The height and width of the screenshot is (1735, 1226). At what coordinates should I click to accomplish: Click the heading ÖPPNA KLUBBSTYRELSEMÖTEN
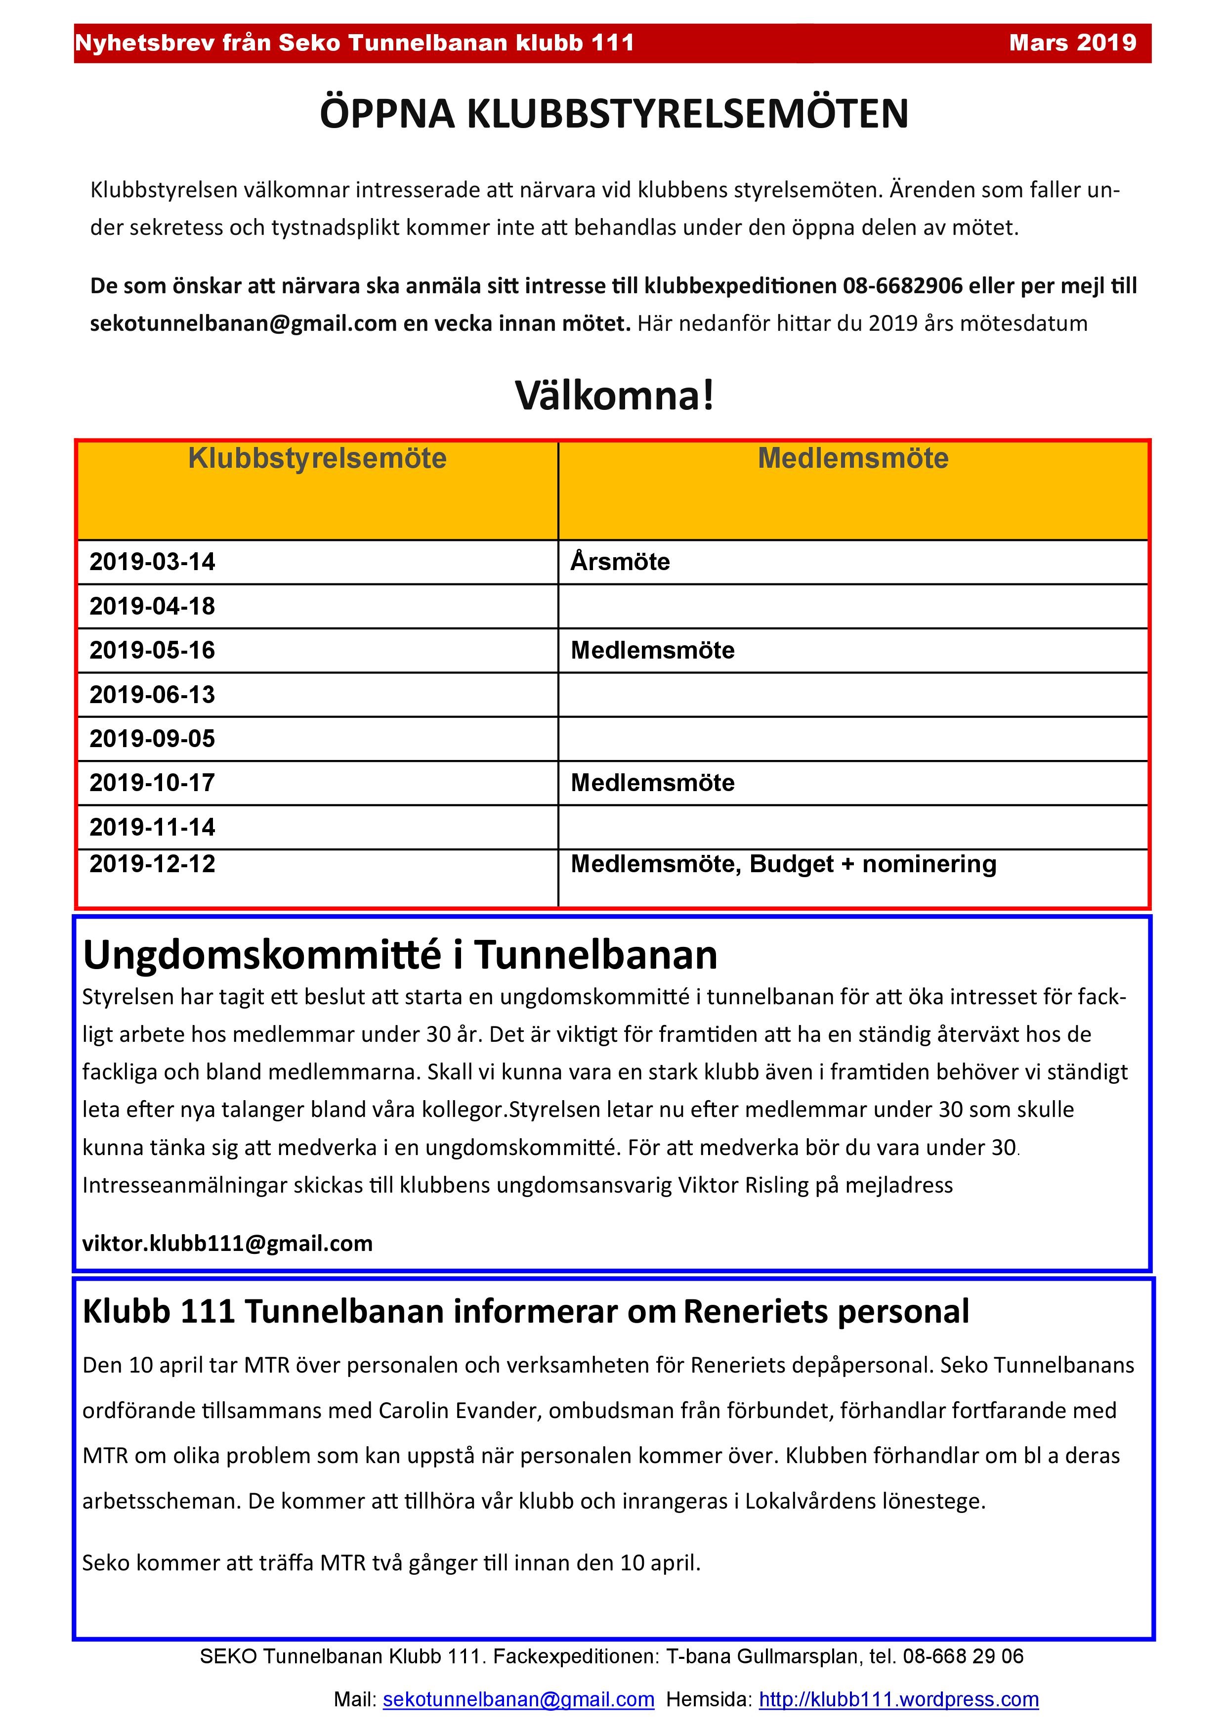(613, 114)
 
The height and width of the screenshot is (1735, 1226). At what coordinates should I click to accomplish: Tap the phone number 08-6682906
(903, 286)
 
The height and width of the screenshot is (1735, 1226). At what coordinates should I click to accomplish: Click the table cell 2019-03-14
(153, 562)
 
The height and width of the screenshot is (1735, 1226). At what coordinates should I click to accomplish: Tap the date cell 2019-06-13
(153, 695)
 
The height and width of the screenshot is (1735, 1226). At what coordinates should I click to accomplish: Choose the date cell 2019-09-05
(153, 738)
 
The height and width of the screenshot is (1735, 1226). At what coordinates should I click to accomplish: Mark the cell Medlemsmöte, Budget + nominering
(783, 864)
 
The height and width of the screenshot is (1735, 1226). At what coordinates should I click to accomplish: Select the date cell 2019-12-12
(153, 864)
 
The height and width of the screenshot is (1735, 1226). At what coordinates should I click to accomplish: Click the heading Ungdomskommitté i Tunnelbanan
(400, 955)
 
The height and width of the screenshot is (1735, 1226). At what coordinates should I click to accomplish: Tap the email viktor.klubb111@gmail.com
(227, 1243)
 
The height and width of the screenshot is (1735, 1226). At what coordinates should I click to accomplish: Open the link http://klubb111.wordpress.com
(898, 1699)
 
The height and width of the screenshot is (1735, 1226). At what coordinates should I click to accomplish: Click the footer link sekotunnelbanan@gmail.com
(518, 1699)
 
